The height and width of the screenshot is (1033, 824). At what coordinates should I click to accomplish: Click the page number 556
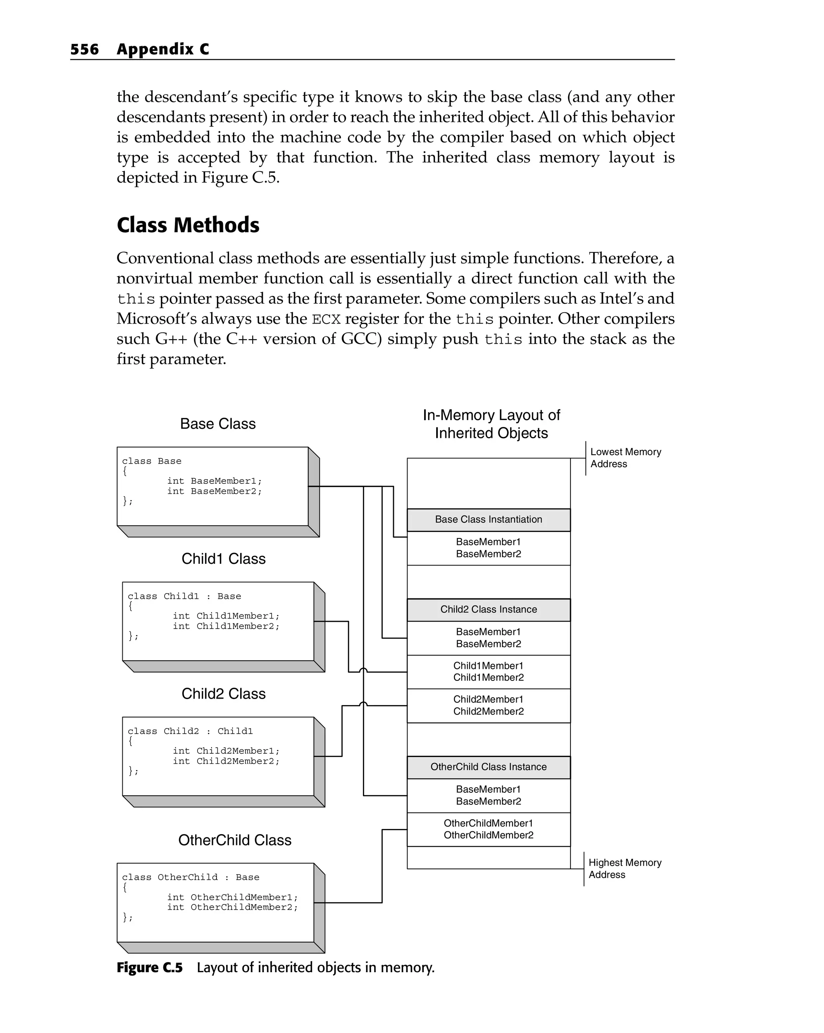pyautogui.click(x=84, y=49)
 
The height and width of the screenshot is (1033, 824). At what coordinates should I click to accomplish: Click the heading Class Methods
pyautogui.click(x=188, y=225)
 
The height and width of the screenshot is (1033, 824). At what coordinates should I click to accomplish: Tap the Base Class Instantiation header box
pyautogui.click(x=488, y=520)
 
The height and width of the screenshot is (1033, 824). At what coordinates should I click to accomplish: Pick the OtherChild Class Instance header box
pyautogui.click(x=488, y=767)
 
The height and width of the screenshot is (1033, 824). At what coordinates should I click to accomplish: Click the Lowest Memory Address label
pyautogui.click(x=625, y=458)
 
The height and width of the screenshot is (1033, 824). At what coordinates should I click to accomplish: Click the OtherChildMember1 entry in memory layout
pyautogui.click(x=488, y=823)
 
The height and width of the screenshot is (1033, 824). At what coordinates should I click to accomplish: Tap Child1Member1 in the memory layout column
pyautogui.click(x=488, y=666)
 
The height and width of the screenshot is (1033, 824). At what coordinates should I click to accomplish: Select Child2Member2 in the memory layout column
pyautogui.click(x=488, y=711)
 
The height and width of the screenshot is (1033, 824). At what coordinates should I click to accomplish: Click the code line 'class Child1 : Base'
pyautogui.click(x=184, y=596)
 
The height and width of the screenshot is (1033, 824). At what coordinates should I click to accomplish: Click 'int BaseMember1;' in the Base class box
pyautogui.click(x=214, y=481)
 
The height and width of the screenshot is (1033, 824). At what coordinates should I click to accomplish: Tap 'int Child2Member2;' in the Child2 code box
pyautogui.click(x=226, y=761)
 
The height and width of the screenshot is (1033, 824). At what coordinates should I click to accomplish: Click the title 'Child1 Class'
pyautogui.click(x=223, y=559)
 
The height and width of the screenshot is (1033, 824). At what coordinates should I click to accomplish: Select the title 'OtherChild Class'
pyautogui.click(x=234, y=840)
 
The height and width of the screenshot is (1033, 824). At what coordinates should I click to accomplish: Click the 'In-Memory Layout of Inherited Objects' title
pyautogui.click(x=491, y=424)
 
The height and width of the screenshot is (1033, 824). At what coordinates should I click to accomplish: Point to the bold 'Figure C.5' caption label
pyautogui.click(x=149, y=968)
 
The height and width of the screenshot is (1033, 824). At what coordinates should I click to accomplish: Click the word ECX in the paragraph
pyautogui.click(x=326, y=319)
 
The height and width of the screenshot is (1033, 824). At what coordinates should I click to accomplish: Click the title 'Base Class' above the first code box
pyautogui.click(x=218, y=424)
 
